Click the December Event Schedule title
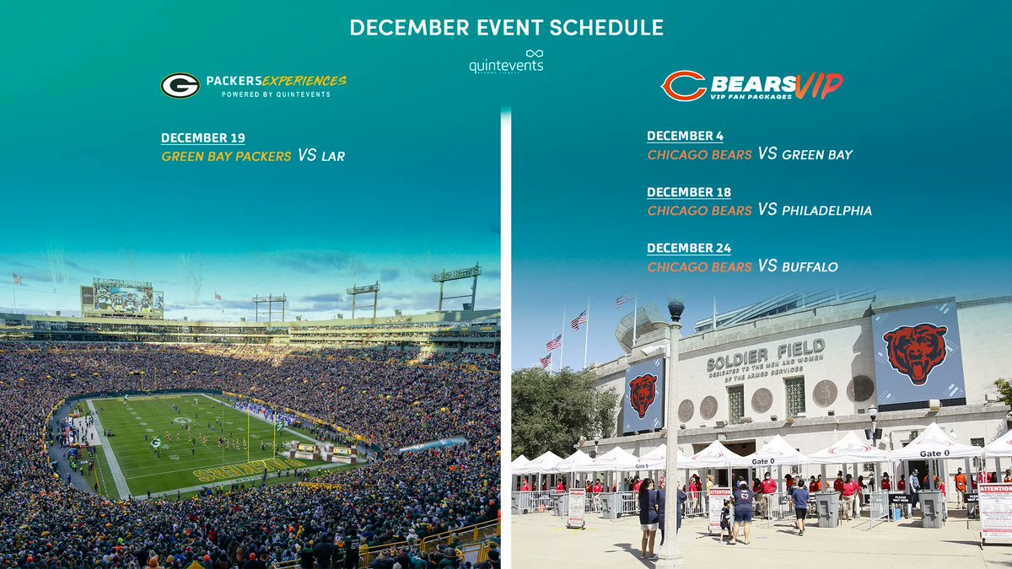[x=506, y=28]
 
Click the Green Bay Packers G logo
[x=180, y=85]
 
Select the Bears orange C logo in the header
[x=683, y=85]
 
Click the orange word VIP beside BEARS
[x=818, y=84]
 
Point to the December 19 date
[x=203, y=138]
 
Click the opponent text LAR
[x=333, y=156]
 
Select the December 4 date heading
[x=685, y=137]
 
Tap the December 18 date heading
[x=689, y=192]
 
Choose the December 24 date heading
[x=689, y=248]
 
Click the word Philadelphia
[x=826, y=211]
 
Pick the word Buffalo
[x=810, y=266]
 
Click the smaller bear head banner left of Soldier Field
[x=643, y=395]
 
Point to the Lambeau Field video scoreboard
[x=122, y=298]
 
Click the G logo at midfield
[x=181, y=421]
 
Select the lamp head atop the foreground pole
[x=676, y=311]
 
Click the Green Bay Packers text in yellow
[x=226, y=156]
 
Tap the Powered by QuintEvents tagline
[x=276, y=94]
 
